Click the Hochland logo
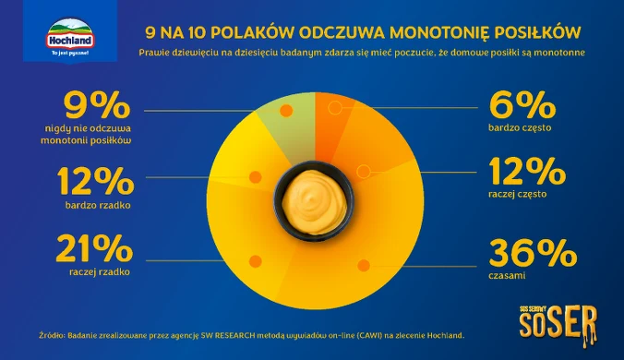[70, 36]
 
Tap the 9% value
[97, 105]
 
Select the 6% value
[522, 105]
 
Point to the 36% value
[533, 253]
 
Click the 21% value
[94, 248]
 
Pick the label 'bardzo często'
[520, 127]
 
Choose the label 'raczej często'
[517, 194]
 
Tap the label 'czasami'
[507, 275]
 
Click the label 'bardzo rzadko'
[98, 205]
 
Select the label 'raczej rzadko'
[100, 272]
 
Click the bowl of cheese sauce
[314, 201]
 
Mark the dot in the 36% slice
[364, 265]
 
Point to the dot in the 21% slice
[255, 261]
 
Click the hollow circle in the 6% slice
[335, 108]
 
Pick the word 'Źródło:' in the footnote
[52, 335]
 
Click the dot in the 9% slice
[286, 111]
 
